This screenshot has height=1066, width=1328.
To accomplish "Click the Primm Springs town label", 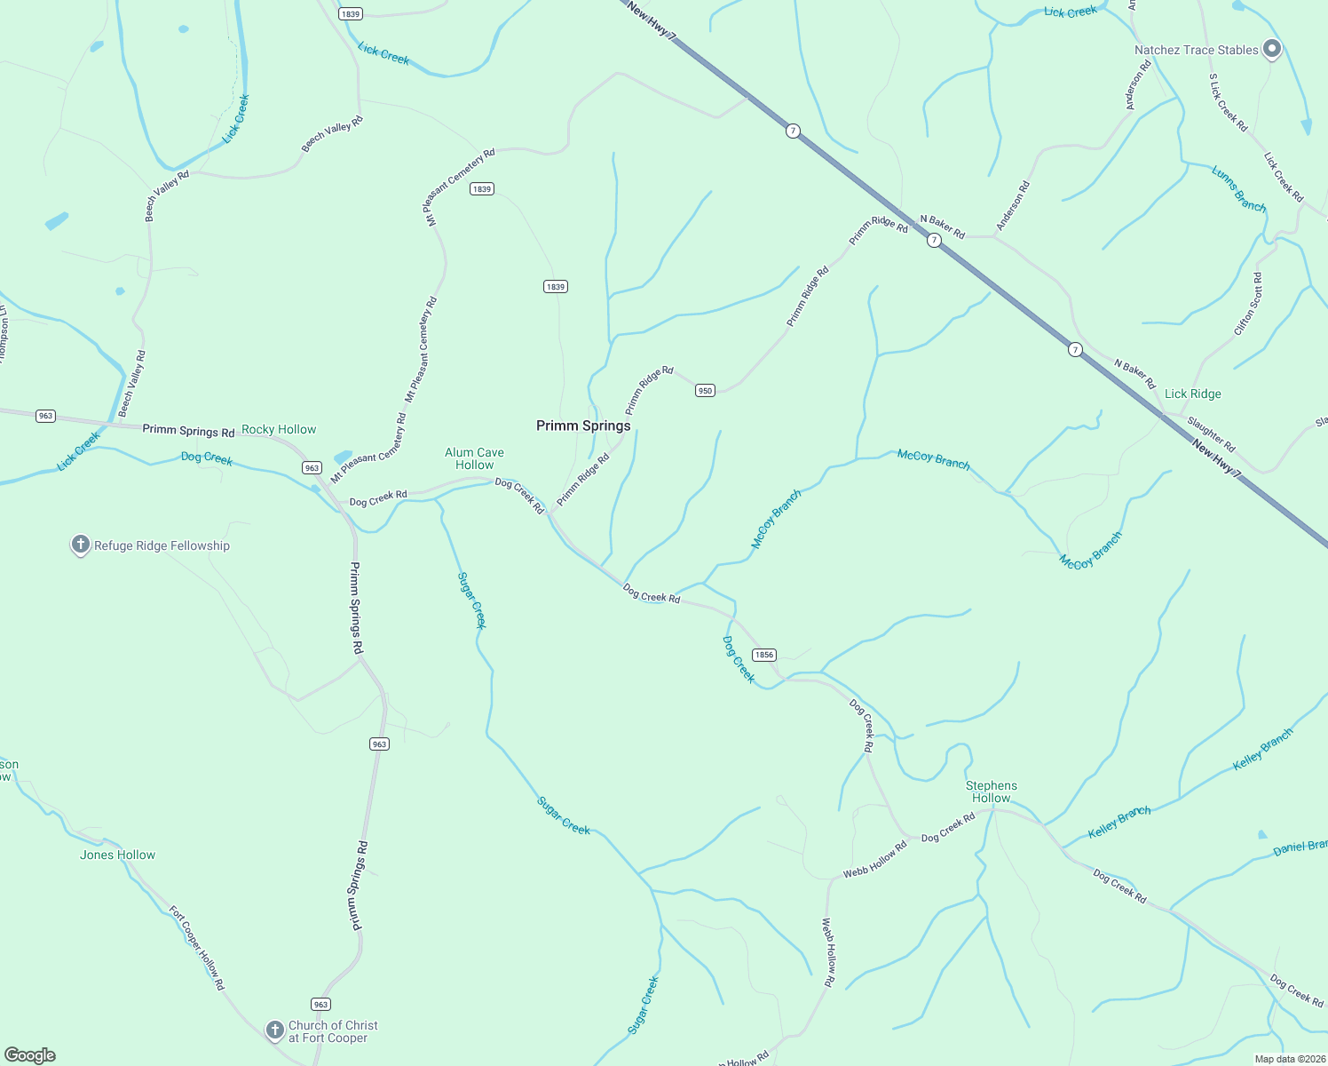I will coord(583,426).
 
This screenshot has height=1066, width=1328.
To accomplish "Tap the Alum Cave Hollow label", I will coord(474,458).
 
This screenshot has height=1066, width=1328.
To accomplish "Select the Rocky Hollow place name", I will coord(279,429).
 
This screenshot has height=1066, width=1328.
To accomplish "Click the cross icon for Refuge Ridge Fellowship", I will coord(81,545).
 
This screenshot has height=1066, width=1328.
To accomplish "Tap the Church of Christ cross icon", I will coord(275,1030).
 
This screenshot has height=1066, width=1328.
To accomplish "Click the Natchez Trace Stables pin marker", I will coord(1272,50).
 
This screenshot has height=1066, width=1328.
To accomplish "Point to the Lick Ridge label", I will coord(1192,394).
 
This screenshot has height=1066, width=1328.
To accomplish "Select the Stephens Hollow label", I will coord(991,792).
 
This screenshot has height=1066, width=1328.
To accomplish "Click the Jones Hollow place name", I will coord(117,855).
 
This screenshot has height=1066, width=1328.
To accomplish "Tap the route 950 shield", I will coord(705,390).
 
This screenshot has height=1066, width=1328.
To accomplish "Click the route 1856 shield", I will coord(763,655).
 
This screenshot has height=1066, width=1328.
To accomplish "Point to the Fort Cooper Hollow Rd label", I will coord(197,948).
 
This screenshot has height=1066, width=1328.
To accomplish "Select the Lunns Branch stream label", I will coord(1238,189).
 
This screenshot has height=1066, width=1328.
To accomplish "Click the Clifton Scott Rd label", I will coord(1248,305).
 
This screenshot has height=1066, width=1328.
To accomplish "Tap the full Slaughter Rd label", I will coord(1211,434).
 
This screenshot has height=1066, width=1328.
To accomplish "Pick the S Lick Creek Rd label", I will coord(1228,103).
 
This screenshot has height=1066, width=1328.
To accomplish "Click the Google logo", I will coord(30,1055).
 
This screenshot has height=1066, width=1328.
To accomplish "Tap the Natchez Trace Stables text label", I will coord(1196,50).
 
